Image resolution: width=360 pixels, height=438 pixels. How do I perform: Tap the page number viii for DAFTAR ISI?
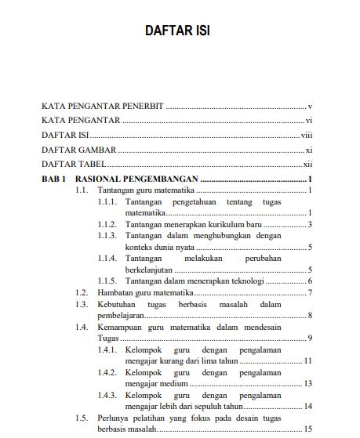click(x=307, y=135)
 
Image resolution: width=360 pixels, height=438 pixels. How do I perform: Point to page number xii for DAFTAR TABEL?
click(x=308, y=165)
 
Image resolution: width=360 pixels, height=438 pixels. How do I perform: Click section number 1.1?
click(x=81, y=190)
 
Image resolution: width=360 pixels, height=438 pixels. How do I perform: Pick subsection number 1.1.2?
click(x=107, y=224)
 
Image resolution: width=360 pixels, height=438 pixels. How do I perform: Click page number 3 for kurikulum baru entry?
click(x=311, y=224)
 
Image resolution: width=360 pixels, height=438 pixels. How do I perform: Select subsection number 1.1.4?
click(x=107, y=258)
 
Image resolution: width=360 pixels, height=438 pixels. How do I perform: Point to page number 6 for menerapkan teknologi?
click(x=311, y=281)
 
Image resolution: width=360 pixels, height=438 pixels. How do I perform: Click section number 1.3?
click(x=81, y=303)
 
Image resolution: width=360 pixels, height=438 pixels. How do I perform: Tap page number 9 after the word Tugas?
click(x=311, y=338)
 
